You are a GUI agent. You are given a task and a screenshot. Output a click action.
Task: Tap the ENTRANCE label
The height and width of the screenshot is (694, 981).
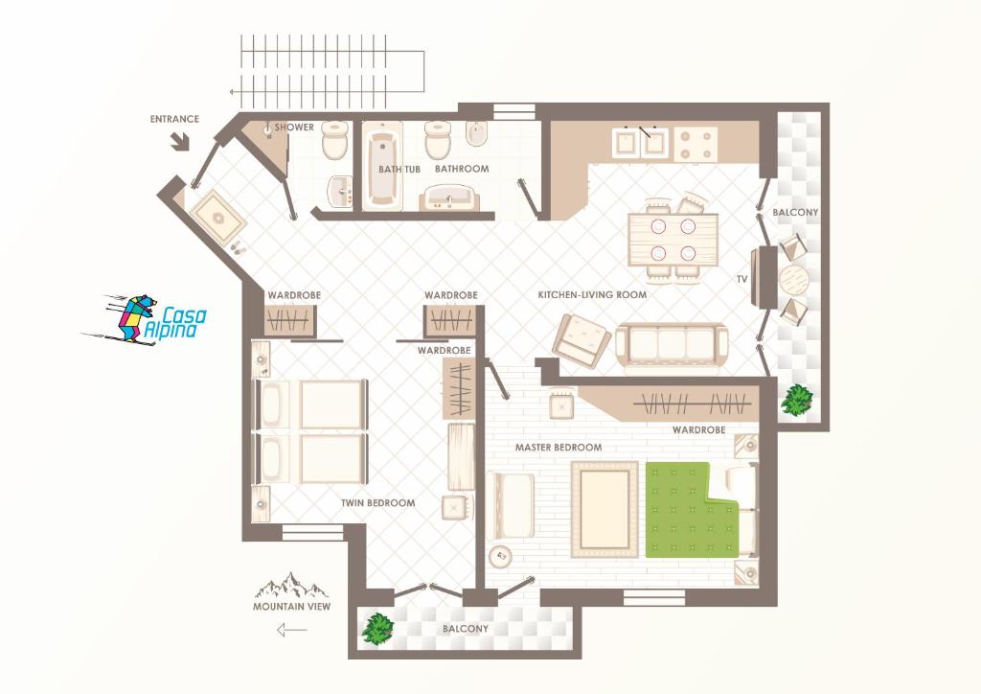(174, 119)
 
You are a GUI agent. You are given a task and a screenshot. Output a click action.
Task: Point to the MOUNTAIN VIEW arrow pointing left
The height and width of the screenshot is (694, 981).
(291, 629)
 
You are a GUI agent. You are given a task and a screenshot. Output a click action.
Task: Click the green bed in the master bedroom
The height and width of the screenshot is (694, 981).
(692, 509)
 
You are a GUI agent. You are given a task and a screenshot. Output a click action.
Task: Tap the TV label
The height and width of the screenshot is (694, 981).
(742, 279)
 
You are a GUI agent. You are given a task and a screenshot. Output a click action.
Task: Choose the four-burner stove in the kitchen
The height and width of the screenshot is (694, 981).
(696, 144)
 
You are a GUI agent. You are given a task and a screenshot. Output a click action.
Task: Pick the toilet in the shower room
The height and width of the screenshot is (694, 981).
(334, 140)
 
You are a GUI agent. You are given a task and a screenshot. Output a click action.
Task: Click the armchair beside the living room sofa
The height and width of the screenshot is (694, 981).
(582, 340)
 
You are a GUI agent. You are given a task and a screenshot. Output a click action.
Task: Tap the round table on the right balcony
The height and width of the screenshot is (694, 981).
(794, 279)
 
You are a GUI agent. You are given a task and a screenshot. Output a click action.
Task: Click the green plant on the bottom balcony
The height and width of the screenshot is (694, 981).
(377, 628)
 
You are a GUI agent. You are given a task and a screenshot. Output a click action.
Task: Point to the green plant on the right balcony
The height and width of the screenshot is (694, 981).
(796, 401)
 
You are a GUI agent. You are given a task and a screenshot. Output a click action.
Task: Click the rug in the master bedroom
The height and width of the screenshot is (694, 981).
(605, 509)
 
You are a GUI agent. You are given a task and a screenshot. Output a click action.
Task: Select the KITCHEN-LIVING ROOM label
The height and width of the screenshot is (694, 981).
(592, 294)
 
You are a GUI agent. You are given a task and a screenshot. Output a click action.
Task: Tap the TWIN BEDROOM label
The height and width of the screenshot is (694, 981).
(377, 502)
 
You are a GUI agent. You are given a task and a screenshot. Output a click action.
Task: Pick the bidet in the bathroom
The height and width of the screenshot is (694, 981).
(475, 134)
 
